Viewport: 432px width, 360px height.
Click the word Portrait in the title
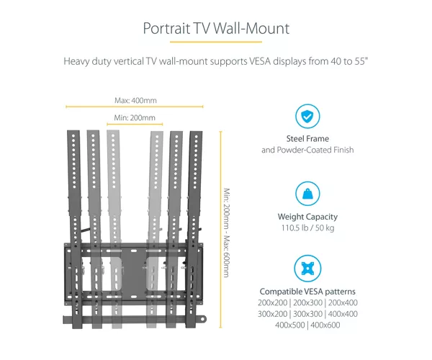(x=167, y=28)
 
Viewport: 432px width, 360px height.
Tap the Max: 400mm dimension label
(x=135, y=100)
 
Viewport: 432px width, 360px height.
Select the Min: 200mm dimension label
(x=135, y=117)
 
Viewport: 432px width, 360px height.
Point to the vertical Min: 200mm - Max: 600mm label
(x=226, y=233)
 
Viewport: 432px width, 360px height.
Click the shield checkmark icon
(x=307, y=116)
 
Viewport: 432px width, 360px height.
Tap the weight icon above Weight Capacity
(x=307, y=194)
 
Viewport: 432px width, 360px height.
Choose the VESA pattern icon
(x=307, y=269)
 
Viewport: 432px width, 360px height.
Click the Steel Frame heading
(x=307, y=138)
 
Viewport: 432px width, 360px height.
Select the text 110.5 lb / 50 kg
(x=307, y=228)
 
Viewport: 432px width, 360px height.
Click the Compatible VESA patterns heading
(x=307, y=292)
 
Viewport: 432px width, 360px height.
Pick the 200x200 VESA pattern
(x=272, y=302)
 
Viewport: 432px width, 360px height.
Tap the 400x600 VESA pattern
(x=325, y=325)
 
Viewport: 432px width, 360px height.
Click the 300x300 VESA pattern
(x=307, y=314)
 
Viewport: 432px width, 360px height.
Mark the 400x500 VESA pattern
(x=290, y=325)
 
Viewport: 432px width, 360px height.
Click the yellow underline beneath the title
(x=216, y=42)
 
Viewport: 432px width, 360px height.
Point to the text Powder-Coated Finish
(x=315, y=150)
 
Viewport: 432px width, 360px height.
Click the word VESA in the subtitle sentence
(x=260, y=61)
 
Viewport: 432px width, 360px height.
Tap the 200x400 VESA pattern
(x=343, y=302)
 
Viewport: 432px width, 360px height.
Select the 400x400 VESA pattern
(x=343, y=314)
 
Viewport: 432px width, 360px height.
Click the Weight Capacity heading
(x=307, y=217)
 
